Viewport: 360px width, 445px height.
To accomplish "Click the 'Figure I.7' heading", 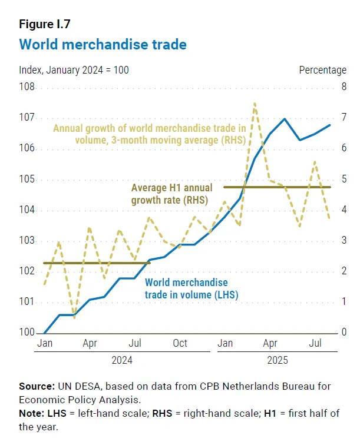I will pos(45,24).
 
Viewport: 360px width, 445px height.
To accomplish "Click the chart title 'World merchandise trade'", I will pos(103,44).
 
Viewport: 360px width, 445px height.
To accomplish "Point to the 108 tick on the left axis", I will pos(27,88).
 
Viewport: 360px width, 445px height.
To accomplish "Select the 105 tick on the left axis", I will pos(27,180).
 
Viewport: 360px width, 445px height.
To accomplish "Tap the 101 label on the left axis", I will pos(27,302).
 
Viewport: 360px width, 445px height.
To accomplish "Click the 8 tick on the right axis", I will pos(344,88).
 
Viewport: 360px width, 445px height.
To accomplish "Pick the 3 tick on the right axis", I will pos(344,241).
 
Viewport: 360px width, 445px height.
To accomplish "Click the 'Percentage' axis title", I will pos(322,70).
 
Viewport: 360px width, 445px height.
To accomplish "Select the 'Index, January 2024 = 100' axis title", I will pos(74,70).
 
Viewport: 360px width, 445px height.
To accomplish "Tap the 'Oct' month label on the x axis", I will pos(180,343).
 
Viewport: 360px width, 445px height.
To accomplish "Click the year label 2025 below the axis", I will pos(276,360).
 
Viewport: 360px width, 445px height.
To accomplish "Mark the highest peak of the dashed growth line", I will pos(255,104).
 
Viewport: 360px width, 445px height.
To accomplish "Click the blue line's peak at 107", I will pos(285,118).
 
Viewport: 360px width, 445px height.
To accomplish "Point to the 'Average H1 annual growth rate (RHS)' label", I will pos(171,194).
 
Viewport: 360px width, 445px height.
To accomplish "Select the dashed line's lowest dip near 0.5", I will pos(74,318).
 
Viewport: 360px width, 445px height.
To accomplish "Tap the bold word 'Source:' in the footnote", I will pos(37,386).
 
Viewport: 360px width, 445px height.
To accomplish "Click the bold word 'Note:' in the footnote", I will pos(33,413).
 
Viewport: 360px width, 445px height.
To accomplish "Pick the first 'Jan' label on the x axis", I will pos(44,343).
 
